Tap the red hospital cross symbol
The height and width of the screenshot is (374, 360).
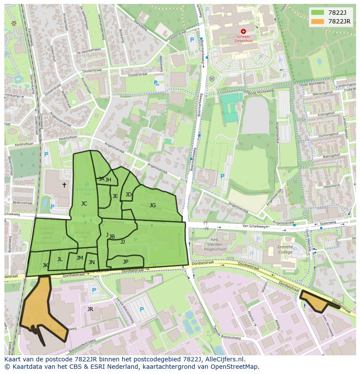point(243,31)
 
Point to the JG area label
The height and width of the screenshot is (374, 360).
point(153,205)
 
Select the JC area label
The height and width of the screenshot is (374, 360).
point(84,203)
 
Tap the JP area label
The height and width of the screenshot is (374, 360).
point(126,261)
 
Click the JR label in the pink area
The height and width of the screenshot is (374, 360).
point(90,309)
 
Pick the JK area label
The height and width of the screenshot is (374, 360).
point(46,265)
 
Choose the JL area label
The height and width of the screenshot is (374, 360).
point(60,259)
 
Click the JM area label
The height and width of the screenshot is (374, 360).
point(80,258)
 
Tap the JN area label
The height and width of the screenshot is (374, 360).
point(92,262)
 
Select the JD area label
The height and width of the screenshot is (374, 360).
point(128,195)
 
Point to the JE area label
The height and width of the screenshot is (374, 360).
point(115,196)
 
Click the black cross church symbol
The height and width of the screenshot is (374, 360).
point(64,185)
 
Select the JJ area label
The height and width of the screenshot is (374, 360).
point(123,242)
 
